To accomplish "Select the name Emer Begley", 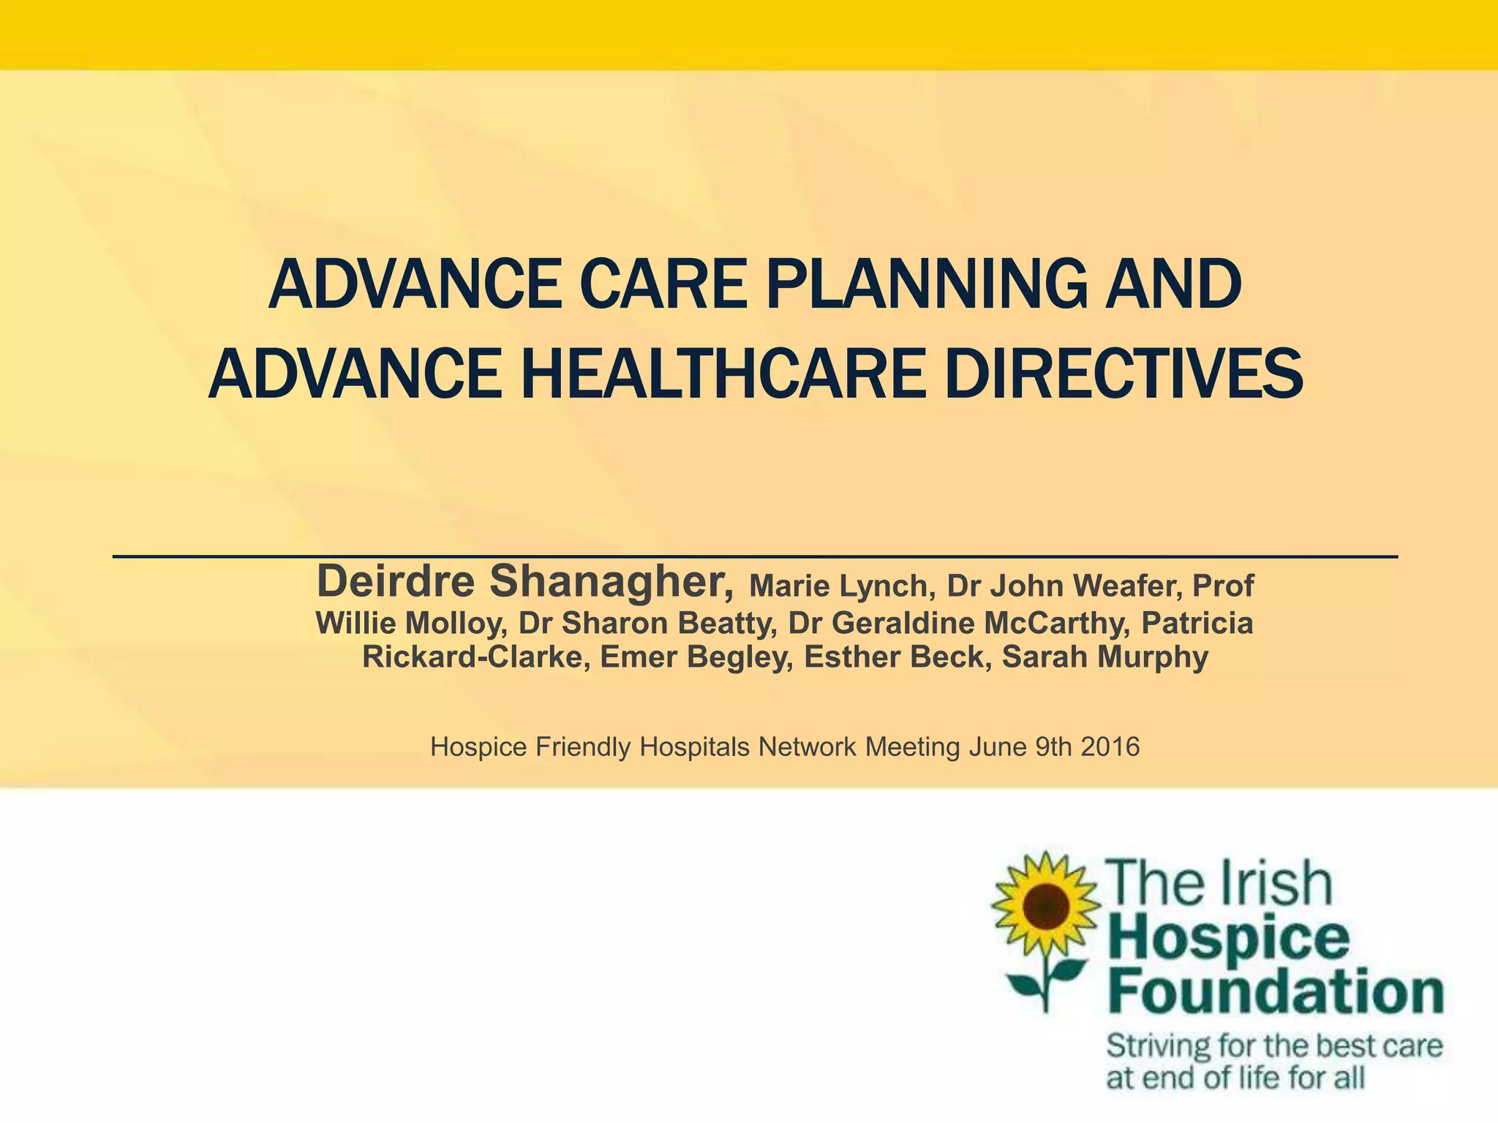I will pos(697,657).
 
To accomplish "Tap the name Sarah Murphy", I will pos(1104,657).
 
